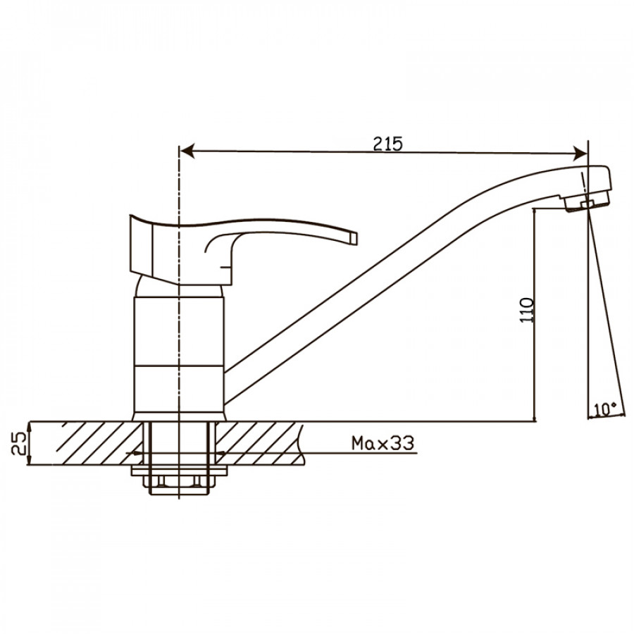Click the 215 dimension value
pos(387,144)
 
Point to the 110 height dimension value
pos(527,310)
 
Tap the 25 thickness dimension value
pos(19,444)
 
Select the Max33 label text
pos(383,443)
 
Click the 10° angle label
pos(605,409)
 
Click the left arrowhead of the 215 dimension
pos(187,151)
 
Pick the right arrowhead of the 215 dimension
pos(580,154)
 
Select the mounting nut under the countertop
pos(179,485)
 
